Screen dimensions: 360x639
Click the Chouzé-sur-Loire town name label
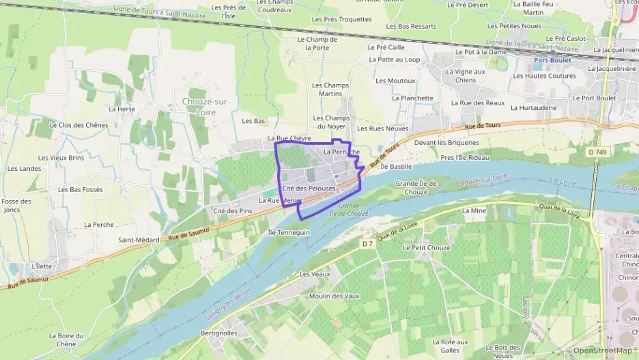tap(205, 107)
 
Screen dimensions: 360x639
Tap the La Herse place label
tap(122, 109)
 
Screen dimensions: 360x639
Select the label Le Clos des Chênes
tap(79, 125)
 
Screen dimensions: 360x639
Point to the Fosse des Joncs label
tap(16, 206)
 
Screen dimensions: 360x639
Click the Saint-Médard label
tap(139, 240)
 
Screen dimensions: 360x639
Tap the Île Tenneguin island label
tap(289, 232)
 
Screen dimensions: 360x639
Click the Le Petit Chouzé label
tap(426, 247)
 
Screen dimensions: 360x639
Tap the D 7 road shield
tap(367, 244)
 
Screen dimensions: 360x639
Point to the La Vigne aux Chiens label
tap(465, 76)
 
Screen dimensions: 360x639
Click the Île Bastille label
tap(396, 166)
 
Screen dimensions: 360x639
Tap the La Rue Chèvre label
tap(289, 138)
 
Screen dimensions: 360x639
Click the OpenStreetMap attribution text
tap(601, 351)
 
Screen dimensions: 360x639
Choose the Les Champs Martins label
tap(330, 89)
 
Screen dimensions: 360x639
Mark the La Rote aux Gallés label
tap(450, 346)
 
